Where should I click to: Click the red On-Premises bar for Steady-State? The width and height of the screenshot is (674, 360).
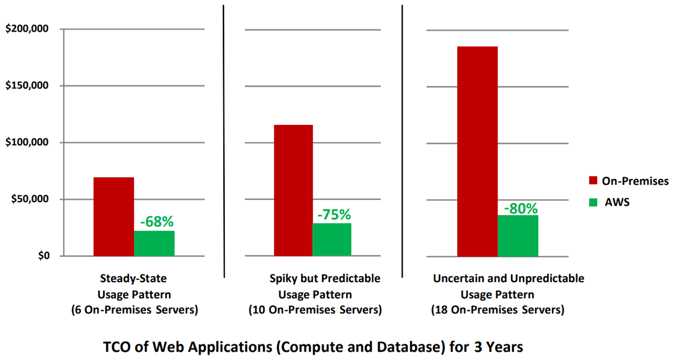pos(114,216)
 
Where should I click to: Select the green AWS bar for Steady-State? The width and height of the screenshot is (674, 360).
pos(154,243)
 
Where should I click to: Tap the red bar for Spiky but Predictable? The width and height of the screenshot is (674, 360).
pos(293,190)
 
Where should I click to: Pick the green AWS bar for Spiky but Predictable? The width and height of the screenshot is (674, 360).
pos(332,239)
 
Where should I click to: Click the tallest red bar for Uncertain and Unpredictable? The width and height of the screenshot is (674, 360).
pos(477,151)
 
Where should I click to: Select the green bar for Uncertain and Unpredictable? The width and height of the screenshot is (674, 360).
pos(518,235)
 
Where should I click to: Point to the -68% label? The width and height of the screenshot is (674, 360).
pos(156,222)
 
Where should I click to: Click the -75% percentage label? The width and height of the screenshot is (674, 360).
pos(334,214)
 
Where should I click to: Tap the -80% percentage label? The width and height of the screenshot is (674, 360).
pos(521,208)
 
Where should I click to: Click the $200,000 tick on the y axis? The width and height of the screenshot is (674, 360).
pos(27,29)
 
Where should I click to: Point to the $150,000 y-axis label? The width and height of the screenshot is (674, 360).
pos(27,86)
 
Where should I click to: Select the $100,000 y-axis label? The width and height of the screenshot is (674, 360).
pos(27,143)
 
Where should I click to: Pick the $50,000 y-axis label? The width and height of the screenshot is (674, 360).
pos(29,199)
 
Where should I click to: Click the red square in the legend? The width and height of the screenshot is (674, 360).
pos(593,181)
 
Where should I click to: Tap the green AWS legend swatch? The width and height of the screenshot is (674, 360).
pos(593,202)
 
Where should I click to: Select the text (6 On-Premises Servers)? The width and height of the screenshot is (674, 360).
pos(135,310)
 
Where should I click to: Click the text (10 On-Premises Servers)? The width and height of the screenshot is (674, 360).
pos(315,310)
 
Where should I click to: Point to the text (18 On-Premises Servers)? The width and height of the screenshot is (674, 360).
pos(498,310)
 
